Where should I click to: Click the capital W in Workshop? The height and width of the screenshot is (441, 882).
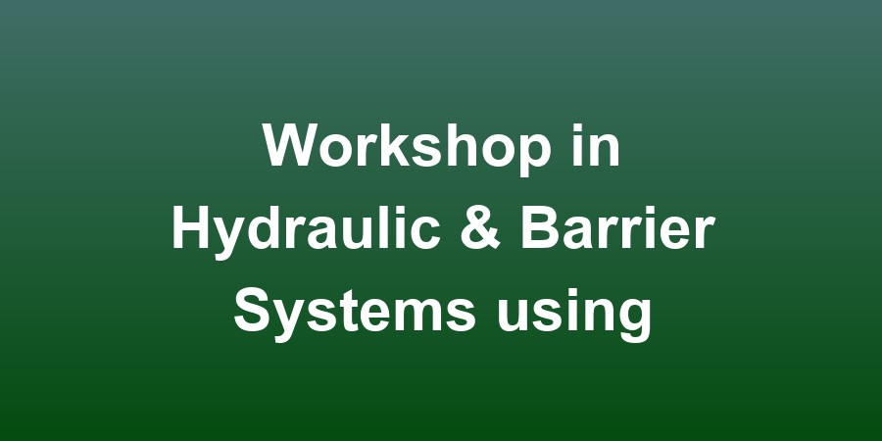click(289, 147)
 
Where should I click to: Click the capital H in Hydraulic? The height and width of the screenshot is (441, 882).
click(190, 230)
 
